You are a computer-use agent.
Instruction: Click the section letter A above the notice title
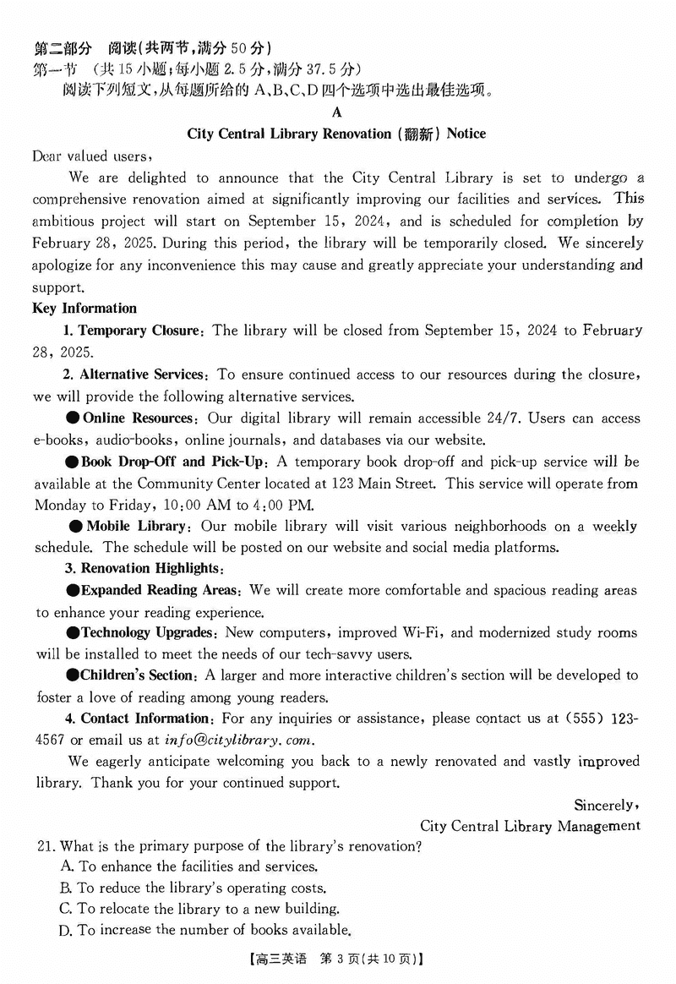pos(337,112)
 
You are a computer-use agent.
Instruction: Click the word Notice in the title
pos(466,134)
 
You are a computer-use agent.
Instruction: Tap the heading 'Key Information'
pos(84,309)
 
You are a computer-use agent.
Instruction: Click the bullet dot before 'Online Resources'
pos(73,418)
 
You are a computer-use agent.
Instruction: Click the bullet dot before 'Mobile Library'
pos(75,526)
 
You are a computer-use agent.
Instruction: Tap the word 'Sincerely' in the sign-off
pos(605,805)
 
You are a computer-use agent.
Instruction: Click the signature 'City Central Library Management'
pos(530,826)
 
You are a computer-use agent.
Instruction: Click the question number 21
pos(45,846)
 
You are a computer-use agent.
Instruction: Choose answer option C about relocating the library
pos(199,910)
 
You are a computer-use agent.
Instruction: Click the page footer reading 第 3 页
pos(336,959)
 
